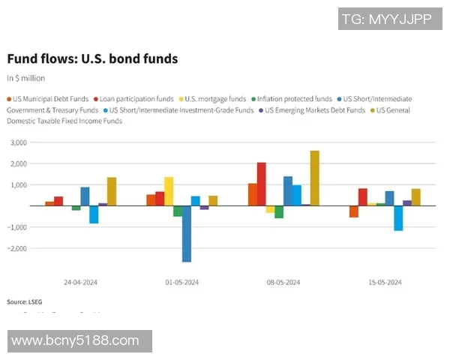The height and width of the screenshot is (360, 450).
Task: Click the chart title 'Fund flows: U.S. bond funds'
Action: [92, 58]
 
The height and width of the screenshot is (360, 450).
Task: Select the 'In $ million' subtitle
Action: [26, 78]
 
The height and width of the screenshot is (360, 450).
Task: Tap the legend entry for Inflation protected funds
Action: [294, 99]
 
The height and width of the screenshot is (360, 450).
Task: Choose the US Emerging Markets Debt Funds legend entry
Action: [315, 110]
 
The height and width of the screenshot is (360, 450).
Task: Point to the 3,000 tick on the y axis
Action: [17, 142]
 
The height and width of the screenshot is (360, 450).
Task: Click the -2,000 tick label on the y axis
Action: [16, 248]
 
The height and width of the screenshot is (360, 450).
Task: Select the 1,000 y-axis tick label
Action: [17, 184]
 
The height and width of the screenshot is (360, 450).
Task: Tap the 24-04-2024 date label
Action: [80, 283]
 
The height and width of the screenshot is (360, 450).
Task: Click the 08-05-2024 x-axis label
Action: [283, 283]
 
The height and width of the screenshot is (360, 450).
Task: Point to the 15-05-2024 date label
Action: [385, 283]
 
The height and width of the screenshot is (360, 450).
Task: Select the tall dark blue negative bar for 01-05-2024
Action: [186, 233]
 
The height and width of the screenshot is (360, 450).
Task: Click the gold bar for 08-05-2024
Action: [314, 178]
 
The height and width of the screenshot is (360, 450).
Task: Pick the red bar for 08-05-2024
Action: [261, 184]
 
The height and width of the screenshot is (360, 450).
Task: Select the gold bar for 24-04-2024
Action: [111, 191]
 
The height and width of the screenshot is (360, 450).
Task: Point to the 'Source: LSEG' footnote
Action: [24, 301]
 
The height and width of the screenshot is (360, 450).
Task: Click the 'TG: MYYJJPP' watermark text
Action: [386, 19]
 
